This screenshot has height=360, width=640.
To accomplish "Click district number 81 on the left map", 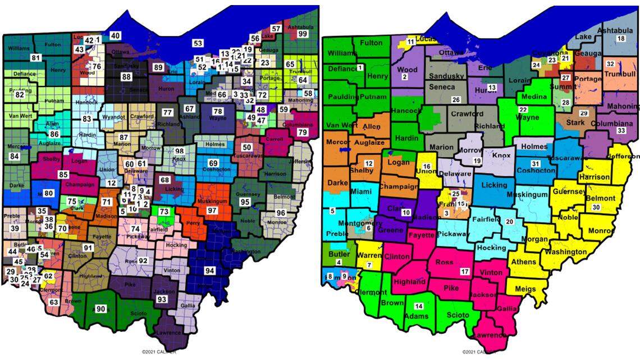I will click(x=36, y=58).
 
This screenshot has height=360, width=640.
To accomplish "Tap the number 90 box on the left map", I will click(x=100, y=309).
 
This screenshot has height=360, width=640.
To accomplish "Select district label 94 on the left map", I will click(x=209, y=271).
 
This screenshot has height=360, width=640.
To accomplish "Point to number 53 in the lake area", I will click(x=198, y=43).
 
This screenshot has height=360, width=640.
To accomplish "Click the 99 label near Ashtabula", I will click(x=303, y=34).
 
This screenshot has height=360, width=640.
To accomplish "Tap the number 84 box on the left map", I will click(x=14, y=156).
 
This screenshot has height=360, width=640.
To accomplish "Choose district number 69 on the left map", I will click(x=213, y=163).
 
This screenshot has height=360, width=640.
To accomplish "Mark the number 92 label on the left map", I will click(x=143, y=261).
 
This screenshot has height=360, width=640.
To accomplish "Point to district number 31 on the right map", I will click(x=535, y=163).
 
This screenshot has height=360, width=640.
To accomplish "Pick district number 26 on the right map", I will click(x=456, y=100).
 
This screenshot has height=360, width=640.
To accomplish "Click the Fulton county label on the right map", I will click(x=371, y=43).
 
